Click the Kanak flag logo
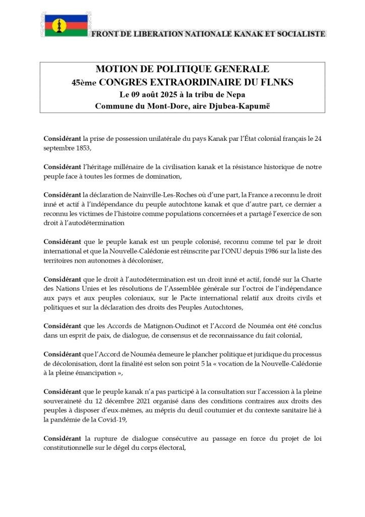[x=59, y=25]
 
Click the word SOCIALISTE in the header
[x=300, y=34]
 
